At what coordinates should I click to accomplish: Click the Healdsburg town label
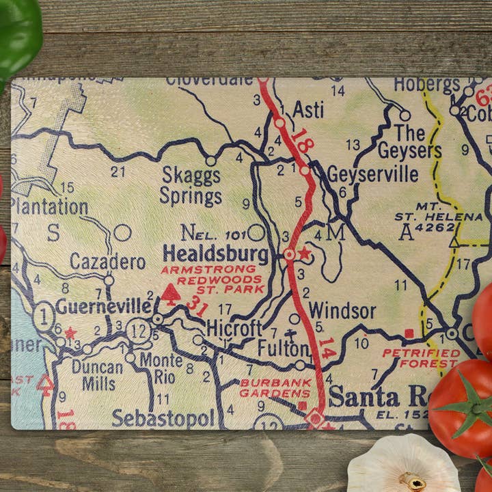click(x=215, y=254)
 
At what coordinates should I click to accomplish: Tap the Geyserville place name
click(x=372, y=174)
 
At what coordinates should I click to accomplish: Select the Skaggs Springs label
click(x=191, y=186)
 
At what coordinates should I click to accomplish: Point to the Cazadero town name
click(x=108, y=262)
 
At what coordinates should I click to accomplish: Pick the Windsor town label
click(x=342, y=312)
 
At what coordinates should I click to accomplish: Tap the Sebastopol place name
click(x=163, y=418)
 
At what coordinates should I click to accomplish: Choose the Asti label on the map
click(x=307, y=110)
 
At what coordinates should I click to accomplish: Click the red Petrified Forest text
click(x=421, y=358)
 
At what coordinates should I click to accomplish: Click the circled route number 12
click(x=139, y=329)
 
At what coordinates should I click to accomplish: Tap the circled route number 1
click(x=44, y=316)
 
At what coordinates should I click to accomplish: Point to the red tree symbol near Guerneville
click(x=171, y=294)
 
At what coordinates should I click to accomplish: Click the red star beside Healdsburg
click(x=305, y=254)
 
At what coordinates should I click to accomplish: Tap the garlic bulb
click(x=403, y=466)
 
